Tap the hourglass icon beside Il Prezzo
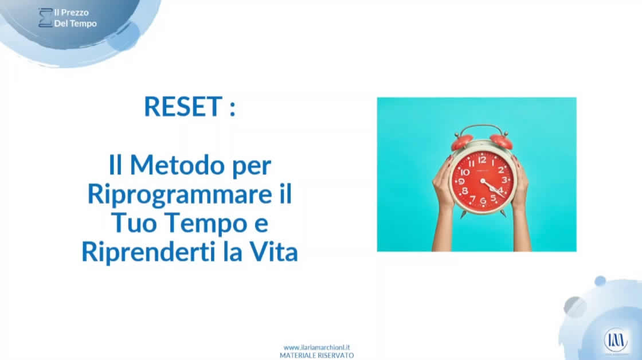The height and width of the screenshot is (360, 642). tap(45, 18)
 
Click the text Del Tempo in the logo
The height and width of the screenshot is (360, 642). tap(75, 24)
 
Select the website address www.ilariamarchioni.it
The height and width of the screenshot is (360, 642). tap(316, 347)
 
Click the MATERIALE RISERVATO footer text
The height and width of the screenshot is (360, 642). tap(316, 355)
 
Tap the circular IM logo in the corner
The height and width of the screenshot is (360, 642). tap(616, 340)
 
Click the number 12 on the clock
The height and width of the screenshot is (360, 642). tap(482, 160)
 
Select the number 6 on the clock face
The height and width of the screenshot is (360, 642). tap(483, 201)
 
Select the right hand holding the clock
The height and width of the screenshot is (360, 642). tap(520, 186)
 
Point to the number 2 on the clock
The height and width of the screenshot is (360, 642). tap(500, 170)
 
